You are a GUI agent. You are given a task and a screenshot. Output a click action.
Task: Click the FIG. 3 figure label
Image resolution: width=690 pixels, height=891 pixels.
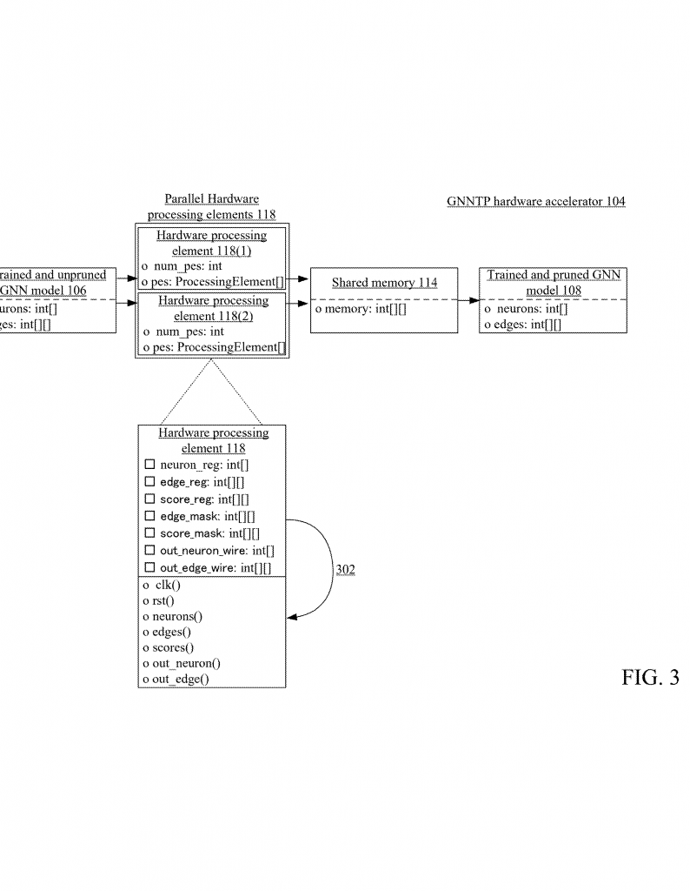(x=650, y=679)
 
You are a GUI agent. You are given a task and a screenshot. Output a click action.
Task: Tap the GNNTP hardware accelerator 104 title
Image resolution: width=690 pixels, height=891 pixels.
(x=535, y=202)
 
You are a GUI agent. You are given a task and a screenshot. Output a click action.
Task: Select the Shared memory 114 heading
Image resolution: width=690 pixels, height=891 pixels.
(x=384, y=283)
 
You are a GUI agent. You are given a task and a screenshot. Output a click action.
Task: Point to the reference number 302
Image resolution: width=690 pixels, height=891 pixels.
(x=345, y=570)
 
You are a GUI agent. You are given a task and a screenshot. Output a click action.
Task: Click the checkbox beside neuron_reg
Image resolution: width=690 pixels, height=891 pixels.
(x=149, y=466)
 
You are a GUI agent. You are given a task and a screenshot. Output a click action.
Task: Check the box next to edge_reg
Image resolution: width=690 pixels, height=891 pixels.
(x=149, y=482)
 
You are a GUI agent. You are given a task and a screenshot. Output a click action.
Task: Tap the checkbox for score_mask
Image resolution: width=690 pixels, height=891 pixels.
(x=149, y=533)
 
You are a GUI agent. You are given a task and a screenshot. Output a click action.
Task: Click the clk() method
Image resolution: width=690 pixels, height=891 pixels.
(x=162, y=585)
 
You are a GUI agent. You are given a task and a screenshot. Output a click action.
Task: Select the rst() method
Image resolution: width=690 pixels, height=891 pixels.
(x=159, y=600)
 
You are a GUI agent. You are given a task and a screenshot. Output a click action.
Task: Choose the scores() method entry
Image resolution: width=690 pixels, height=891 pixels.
(x=168, y=647)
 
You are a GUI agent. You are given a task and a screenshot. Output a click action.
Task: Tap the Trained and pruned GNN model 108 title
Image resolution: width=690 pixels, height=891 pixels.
(x=554, y=282)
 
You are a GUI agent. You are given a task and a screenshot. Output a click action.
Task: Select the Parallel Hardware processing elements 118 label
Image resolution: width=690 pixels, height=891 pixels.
(x=211, y=206)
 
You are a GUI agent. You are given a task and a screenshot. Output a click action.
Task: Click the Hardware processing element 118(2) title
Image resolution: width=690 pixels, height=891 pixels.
(x=213, y=308)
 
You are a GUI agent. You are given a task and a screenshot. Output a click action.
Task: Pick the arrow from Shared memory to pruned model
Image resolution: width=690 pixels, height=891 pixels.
(x=469, y=300)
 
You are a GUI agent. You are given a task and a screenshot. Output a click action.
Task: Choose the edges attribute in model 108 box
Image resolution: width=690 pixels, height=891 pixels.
(x=522, y=325)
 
